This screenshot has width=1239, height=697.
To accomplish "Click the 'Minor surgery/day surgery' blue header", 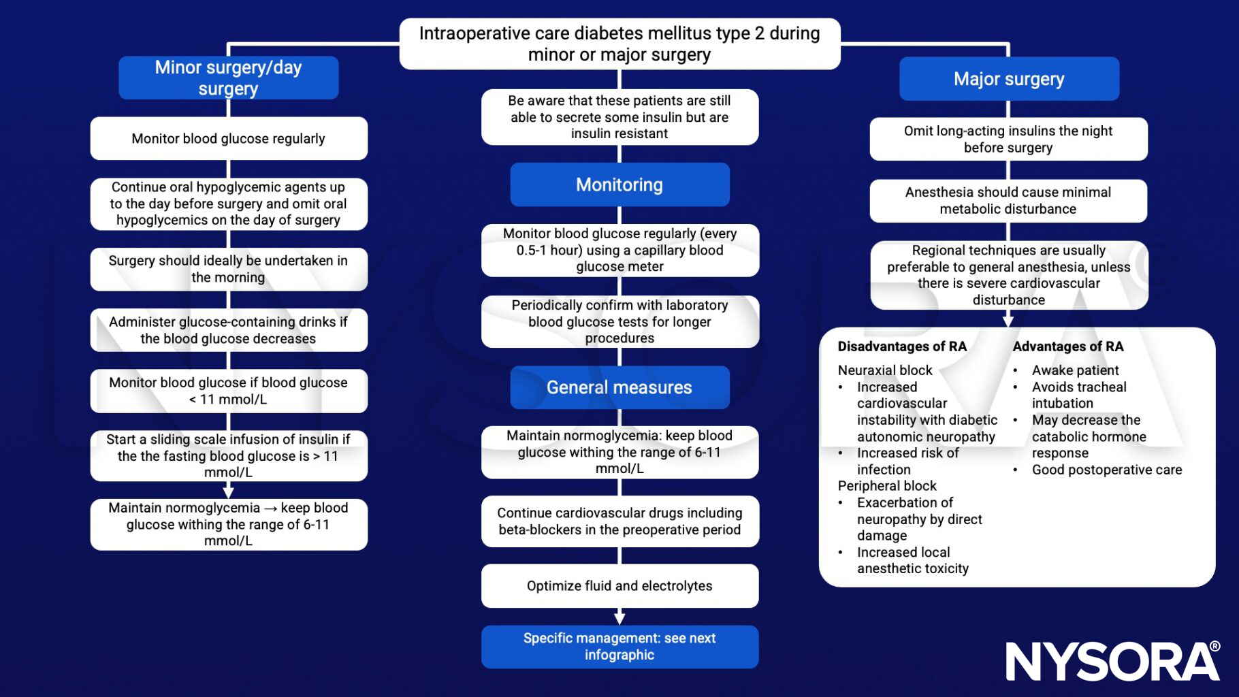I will point(228,78).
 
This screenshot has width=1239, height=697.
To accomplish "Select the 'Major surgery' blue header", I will point(1008,79).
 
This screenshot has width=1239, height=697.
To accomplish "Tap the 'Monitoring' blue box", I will point(619,184).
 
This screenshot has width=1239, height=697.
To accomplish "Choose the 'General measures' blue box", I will point(619,387).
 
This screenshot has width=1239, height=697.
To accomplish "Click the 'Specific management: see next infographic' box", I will point(619,647).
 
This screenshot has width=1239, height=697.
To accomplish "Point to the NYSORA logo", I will point(1112,660).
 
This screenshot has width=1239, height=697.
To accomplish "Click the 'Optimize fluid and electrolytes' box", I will point(619,585).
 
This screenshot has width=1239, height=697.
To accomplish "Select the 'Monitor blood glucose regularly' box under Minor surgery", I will point(228,139).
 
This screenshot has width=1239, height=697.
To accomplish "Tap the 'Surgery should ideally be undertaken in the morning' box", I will point(228,269).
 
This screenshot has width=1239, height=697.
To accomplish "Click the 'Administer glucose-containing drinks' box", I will point(228,330).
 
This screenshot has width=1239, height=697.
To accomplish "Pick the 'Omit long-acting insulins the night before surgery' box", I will point(1008,139).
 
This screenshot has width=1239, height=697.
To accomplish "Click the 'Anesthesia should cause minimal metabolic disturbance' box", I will point(1008,201).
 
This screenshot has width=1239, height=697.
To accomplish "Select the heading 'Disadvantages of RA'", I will point(902,346).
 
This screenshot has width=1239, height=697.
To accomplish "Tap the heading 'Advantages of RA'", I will point(1067,346).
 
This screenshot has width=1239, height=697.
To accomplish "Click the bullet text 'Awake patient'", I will point(1075,370).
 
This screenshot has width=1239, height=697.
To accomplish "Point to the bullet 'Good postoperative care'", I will point(1106,470).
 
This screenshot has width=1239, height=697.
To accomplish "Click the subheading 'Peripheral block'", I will point(887,486).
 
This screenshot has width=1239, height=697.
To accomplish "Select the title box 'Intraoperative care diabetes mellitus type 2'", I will point(619,44).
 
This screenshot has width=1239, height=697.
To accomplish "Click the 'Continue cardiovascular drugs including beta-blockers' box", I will point(619,521).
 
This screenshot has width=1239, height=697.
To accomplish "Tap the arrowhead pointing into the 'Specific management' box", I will point(619,618).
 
